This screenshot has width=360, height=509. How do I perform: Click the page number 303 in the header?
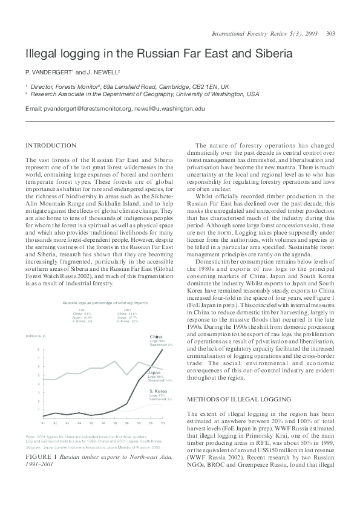(331, 33)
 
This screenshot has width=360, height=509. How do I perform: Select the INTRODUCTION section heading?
(51, 146)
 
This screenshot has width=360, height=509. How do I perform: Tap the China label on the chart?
(155, 336)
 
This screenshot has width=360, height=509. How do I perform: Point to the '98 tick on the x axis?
(126, 423)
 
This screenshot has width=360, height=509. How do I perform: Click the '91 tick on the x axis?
(43, 423)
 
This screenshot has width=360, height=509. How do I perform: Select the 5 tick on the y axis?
(39, 375)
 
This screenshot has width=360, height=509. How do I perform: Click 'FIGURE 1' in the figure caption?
(41, 456)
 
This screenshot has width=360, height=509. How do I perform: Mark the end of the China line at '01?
(163, 349)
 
